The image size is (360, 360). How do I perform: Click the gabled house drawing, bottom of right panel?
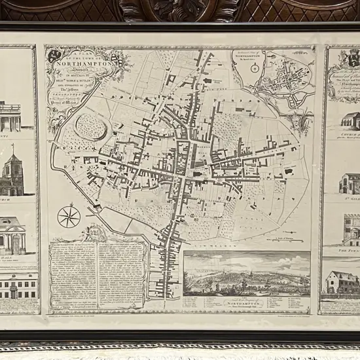coord(343,282)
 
